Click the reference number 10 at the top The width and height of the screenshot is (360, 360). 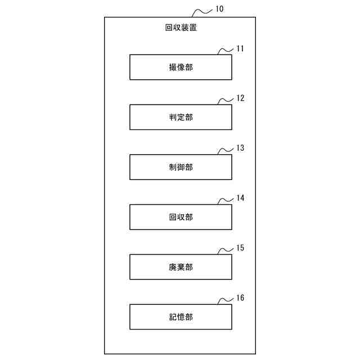[219, 10]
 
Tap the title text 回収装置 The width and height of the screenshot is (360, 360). [181, 27]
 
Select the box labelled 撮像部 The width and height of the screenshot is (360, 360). [181, 67]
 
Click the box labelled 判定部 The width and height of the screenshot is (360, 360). [181, 117]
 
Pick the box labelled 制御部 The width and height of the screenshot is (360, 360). [181, 167]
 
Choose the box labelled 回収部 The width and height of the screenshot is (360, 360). [181, 217]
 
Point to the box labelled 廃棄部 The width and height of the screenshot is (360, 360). [181, 267]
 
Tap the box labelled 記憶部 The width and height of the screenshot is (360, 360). [181, 317]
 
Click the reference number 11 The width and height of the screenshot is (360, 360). [240, 48]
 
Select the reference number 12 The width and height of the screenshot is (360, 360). [240, 98]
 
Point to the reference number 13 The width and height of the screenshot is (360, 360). [240, 148]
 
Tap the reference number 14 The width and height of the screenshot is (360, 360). [240, 198]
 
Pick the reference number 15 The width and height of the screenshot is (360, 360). [240, 248]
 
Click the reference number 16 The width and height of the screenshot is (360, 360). [240, 298]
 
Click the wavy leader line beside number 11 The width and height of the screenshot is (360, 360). [225, 51]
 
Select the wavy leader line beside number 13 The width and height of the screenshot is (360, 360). [225, 151]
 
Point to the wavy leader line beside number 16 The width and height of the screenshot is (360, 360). [225, 301]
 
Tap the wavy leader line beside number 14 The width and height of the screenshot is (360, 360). [225, 201]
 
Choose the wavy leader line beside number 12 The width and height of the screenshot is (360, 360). [225, 101]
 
